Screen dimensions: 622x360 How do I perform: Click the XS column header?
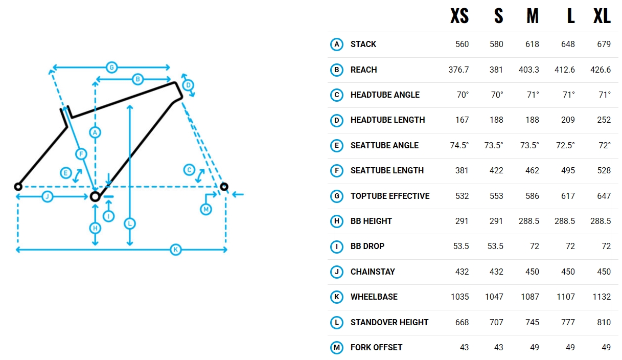459,16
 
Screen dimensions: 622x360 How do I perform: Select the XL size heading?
602,16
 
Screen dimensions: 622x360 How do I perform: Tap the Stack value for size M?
532,44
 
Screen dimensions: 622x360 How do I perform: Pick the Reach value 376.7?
458,70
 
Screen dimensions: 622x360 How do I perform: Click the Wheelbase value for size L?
566,297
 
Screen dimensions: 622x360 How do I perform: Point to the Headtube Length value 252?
604,120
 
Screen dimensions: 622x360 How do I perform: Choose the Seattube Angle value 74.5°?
459,145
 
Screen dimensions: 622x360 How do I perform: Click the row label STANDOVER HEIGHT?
389,322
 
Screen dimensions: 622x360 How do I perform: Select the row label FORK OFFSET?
376,347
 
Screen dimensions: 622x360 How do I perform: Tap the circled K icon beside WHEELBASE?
336,297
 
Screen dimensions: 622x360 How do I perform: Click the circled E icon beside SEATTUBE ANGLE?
336,145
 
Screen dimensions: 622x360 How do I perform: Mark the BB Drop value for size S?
495,246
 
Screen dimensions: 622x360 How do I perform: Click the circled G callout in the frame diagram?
111,67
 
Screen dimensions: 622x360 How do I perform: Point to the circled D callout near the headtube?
188,85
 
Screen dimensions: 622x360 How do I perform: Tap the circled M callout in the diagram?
206,209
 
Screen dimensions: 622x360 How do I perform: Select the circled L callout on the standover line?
130,223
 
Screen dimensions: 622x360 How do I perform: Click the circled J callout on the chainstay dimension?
48,196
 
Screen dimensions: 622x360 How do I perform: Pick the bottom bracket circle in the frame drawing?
95,197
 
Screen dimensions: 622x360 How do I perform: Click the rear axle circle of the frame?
18,187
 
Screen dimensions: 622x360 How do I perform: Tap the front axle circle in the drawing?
224,186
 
